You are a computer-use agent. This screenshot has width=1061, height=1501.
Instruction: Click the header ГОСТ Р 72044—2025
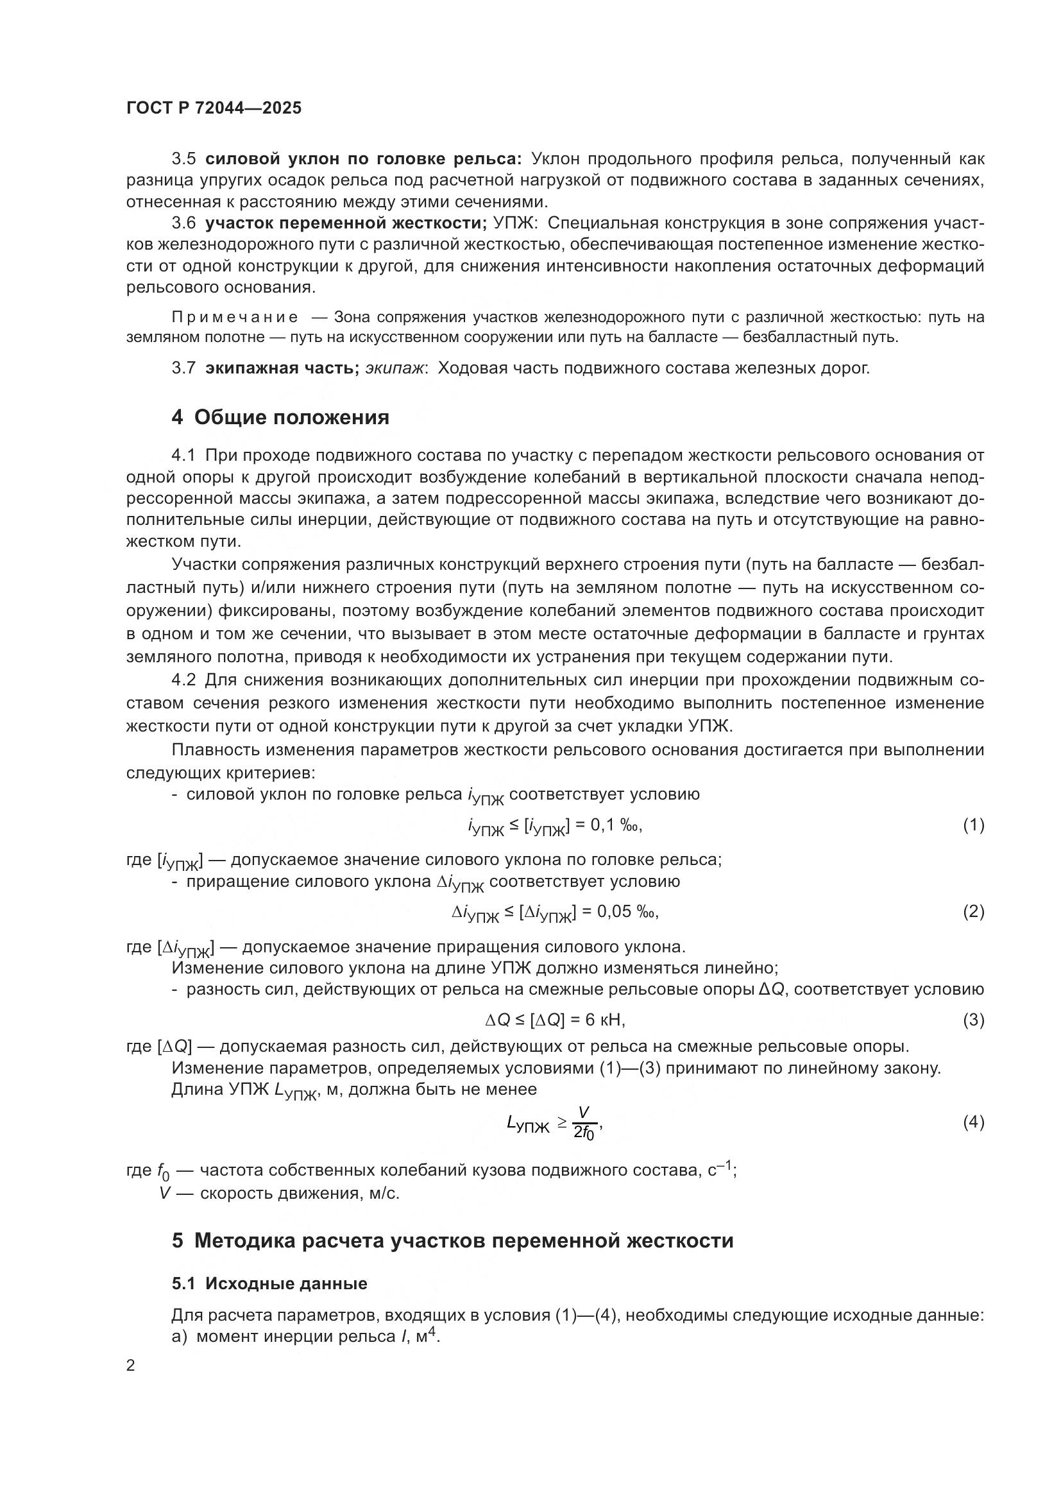click(214, 108)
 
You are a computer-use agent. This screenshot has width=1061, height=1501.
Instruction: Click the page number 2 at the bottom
click(131, 1365)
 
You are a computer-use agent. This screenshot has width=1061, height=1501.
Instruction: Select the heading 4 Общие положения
click(280, 417)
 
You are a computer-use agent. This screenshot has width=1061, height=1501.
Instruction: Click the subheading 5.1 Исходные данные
click(269, 1283)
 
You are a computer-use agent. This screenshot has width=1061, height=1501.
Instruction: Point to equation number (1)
click(973, 825)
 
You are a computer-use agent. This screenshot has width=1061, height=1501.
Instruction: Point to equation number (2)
click(973, 911)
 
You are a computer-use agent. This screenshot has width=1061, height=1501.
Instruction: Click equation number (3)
click(973, 1020)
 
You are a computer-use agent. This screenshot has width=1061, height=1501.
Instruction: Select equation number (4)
click(973, 1122)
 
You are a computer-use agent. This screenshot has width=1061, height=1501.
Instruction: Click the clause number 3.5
click(183, 159)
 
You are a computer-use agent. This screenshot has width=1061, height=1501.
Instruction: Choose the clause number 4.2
click(183, 680)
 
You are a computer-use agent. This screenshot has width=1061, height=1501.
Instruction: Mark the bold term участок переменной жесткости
click(345, 223)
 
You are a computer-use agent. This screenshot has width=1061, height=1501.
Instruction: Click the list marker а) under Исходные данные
click(179, 1336)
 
